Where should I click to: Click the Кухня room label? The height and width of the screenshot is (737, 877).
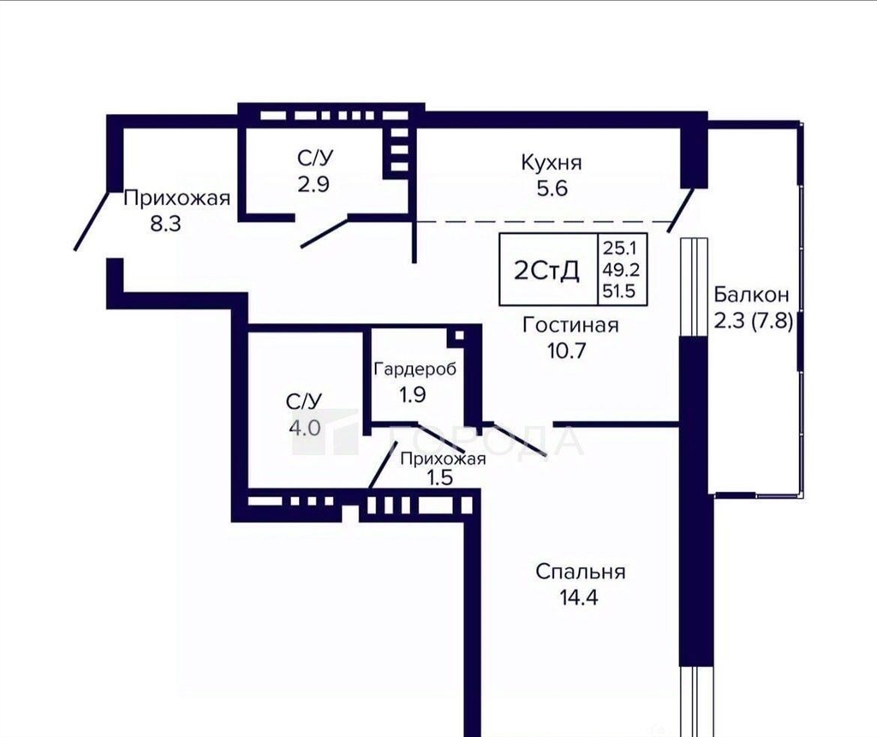click(552, 162)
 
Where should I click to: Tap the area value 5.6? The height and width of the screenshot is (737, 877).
click(552, 188)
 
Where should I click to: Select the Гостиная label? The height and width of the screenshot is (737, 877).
click(570, 325)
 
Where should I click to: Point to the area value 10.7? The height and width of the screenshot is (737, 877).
click(567, 351)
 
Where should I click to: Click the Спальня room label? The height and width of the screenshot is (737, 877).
click(581, 572)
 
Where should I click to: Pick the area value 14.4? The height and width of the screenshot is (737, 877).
click(579, 597)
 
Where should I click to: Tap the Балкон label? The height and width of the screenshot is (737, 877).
click(752, 294)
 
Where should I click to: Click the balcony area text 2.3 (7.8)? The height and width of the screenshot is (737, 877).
click(754, 321)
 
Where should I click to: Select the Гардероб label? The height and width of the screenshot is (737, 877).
click(415, 368)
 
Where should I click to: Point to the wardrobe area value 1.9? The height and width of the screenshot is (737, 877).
click(412, 395)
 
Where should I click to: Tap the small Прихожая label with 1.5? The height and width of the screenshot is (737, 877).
click(443, 468)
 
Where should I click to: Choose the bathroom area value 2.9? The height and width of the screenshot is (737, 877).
click(313, 184)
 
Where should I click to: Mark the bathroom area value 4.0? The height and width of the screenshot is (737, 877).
click(305, 428)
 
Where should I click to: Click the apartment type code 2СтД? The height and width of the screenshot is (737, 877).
click(547, 271)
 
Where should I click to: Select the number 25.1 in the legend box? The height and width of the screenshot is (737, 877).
click(617, 248)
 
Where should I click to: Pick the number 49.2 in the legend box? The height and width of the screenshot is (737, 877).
click(620, 270)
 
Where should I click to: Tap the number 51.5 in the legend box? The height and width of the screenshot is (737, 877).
click(618, 291)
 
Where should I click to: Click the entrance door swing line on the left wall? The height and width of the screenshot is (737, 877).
click(91, 220)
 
